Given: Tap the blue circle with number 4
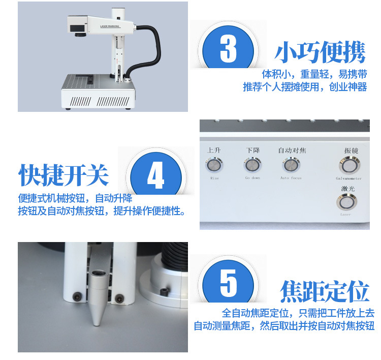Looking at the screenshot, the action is point(156,174).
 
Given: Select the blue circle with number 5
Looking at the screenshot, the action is point(228,282).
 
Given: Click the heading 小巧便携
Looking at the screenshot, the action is point(320,52).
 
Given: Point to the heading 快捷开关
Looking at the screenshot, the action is point(63,174).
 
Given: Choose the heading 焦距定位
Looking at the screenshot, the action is point(325,291).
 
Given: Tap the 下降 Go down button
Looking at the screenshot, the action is point(252,165).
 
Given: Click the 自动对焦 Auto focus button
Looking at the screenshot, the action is point(291,165).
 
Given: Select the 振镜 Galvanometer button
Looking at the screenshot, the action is point(350,165).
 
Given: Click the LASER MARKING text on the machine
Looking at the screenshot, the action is point(110,26).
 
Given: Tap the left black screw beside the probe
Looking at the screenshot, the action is point(78,297).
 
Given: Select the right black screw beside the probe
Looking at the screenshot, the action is point(119,298).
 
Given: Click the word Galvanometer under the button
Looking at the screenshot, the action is point(348,178).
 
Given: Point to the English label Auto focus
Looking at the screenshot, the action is point(291,178).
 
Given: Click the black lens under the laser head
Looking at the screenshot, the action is point(80,35).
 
